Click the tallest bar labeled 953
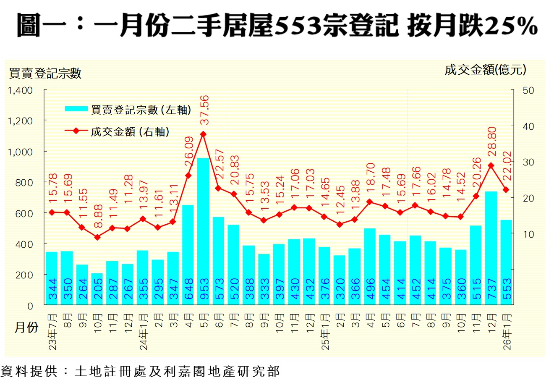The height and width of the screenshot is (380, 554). click(x=203, y=231)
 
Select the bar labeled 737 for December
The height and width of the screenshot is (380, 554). click(x=491, y=248)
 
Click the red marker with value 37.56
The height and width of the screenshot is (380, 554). click(x=203, y=134)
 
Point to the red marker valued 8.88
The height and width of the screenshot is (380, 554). click(x=97, y=237)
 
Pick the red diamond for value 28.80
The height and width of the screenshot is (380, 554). click(x=491, y=165)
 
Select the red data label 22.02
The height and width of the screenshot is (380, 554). click(x=506, y=167)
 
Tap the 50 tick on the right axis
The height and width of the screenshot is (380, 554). click(x=528, y=91)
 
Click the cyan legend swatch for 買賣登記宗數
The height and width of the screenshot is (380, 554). click(x=77, y=109)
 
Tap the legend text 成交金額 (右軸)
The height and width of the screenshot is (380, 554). click(x=130, y=131)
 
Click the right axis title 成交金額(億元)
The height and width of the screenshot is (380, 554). click(x=485, y=70)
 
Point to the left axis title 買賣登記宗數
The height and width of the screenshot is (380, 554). click(x=45, y=73)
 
